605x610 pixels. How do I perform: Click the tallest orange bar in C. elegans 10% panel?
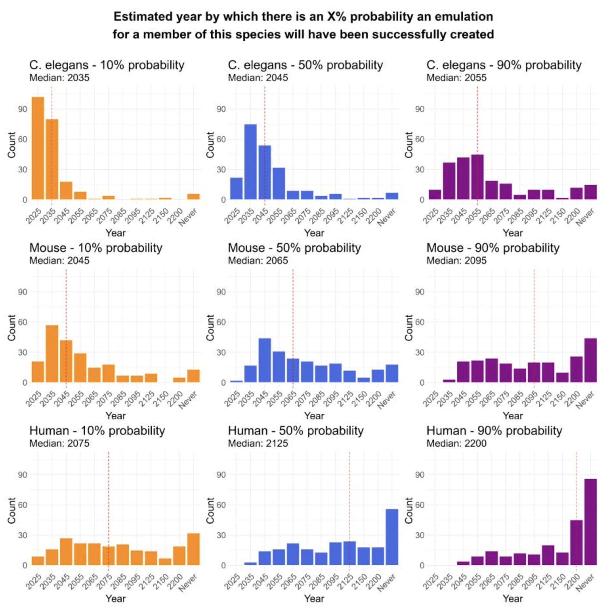click(38, 148)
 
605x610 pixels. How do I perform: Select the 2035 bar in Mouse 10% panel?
click(52, 354)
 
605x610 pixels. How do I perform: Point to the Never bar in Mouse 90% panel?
click(590, 360)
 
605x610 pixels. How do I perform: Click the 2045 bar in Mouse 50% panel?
click(264, 360)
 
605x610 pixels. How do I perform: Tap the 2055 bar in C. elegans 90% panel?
click(477, 177)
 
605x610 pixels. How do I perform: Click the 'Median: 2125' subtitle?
click(258, 443)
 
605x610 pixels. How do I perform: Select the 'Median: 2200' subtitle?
click(456, 443)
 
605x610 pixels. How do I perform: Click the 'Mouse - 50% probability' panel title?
click(294, 248)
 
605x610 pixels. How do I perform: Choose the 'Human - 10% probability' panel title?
click(97, 430)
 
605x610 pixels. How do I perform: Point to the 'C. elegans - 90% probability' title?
click(504, 65)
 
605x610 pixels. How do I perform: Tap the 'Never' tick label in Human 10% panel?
click(188, 583)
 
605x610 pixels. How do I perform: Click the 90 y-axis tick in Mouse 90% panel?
click(420, 292)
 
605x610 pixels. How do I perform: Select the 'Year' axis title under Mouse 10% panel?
click(115, 416)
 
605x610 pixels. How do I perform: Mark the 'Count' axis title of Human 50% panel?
click(210, 510)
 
